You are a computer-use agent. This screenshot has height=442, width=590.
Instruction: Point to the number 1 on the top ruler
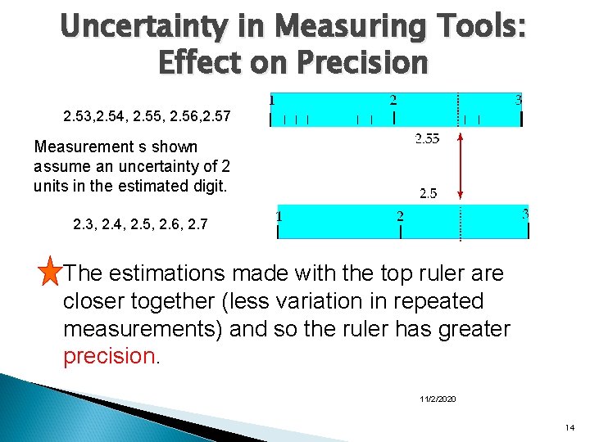pos(272,100)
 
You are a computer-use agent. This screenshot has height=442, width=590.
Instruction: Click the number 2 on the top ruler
pos(393,101)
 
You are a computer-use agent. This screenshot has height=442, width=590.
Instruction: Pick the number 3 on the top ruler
pos(519,100)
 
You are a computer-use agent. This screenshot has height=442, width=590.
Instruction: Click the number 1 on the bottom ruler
pos(279,217)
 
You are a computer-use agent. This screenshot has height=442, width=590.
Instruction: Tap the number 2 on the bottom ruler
pos(400,217)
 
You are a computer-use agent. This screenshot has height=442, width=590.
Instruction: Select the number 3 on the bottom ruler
pos(525,214)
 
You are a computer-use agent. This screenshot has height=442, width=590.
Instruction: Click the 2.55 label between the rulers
pos(427,138)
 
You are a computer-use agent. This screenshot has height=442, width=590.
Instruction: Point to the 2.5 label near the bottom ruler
pos(428,194)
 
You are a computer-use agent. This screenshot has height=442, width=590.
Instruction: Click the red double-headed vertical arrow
pos(461,166)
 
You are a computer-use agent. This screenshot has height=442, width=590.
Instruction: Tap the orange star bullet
pos(51,273)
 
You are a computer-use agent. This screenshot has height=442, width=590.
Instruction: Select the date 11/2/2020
pos(438,399)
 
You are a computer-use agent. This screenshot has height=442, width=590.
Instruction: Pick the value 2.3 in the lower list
pos(83,223)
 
